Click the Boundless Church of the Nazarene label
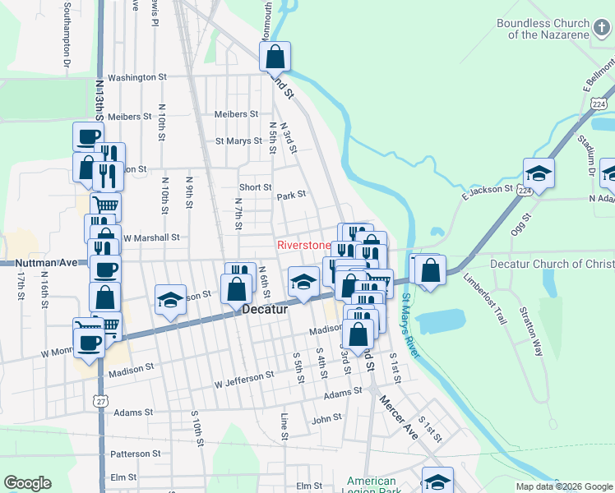(543, 29)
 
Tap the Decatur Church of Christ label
(552, 264)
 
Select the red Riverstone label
(303, 246)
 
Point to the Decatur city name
(265, 310)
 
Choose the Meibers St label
(236, 114)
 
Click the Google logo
(27, 483)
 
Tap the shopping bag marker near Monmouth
(275, 57)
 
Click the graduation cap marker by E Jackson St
(539, 173)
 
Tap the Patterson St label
(135, 454)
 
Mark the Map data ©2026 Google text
(563, 486)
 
